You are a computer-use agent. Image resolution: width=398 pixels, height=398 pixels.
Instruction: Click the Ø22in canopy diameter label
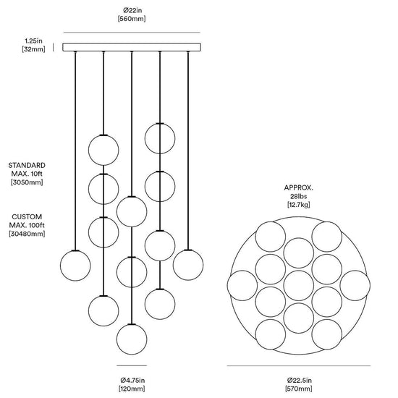[132, 10]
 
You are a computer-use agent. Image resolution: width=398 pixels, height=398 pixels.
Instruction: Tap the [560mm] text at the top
[132, 19]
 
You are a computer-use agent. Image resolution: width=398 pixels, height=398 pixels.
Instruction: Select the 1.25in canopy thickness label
[33, 41]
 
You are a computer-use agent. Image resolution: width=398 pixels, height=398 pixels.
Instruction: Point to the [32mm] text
[33, 49]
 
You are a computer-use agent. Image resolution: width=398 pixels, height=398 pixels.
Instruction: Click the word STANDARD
[27, 165]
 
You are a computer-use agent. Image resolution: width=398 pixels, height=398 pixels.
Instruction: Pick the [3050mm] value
[27, 182]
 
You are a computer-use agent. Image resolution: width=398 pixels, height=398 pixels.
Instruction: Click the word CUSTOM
[27, 217]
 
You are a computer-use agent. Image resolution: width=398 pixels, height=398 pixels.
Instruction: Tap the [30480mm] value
[27, 234]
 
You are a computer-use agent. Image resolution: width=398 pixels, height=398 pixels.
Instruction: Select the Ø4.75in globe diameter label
[132, 380]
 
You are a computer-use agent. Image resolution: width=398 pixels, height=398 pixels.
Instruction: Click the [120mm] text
[132, 389]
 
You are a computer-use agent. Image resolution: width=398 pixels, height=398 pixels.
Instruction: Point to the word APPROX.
[298, 188]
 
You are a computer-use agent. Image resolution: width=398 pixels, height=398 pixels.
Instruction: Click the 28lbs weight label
[299, 196]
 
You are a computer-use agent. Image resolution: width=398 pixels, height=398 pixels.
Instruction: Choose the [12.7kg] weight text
[298, 205]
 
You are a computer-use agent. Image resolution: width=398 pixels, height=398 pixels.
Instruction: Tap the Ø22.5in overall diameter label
[300, 380]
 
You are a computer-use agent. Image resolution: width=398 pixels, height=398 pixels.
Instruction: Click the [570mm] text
[298, 389]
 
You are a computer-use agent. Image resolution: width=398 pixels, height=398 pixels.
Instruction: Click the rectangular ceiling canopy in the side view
[132, 48]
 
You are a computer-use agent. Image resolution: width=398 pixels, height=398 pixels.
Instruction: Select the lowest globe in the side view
[132, 339]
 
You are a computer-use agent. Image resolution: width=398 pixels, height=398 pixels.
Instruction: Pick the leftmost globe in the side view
[75, 266]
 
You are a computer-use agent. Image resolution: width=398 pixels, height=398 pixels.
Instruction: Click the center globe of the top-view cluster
[298, 286]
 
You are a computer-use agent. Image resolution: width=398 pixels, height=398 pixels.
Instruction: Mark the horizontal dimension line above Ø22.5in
[298, 365]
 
